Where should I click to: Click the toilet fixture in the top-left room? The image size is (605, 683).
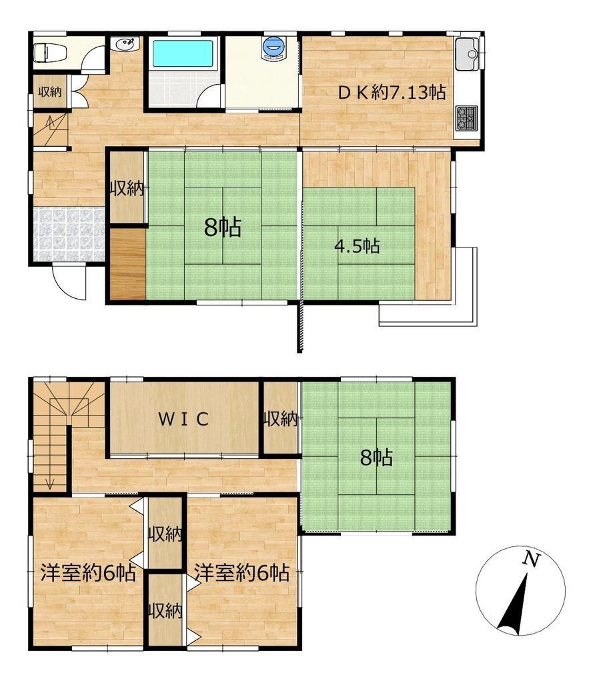49,52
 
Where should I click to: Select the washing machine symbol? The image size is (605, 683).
273,47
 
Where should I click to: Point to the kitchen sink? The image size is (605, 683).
468,54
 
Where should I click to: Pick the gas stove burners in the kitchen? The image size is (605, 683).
467,118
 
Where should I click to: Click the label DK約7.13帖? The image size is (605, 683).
392,93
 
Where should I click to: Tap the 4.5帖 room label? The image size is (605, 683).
357,246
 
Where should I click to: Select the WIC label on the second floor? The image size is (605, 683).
183,419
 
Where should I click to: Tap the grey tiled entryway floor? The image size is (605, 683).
69,234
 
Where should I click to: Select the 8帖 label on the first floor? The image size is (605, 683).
223,227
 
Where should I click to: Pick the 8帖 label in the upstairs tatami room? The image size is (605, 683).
376,458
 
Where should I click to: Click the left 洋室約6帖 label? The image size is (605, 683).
88,573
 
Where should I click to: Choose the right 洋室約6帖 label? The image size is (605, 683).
241,573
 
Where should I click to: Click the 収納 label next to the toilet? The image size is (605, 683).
49,92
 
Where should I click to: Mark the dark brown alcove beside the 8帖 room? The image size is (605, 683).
127,263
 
